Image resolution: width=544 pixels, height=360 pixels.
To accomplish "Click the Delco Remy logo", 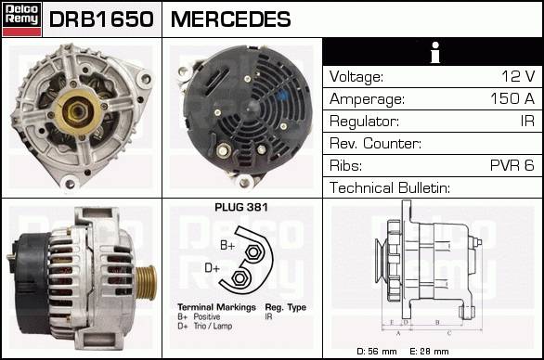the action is pyautogui.click(x=22, y=19).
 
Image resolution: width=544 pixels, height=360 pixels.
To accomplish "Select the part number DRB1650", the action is pyautogui.click(x=101, y=19).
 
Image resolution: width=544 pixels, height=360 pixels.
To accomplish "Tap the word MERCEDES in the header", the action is pyautogui.click(x=231, y=19).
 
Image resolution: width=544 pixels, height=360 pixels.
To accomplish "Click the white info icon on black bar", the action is pyautogui.click(x=435, y=52).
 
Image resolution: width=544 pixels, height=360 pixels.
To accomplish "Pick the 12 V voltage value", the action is pyautogui.click(x=518, y=76).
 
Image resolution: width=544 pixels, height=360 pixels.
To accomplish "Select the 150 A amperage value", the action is pyautogui.click(x=512, y=98).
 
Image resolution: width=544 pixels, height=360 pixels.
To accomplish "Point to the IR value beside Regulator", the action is pyautogui.click(x=527, y=121).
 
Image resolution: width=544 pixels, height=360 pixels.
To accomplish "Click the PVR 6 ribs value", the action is pyautogui.click(x=512, y=165).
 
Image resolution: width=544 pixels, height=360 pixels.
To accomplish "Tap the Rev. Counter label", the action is pyautogui.click(x=375, y=143).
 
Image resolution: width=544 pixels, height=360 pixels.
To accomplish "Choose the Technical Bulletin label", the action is pyautogui.click(x=390, y=187).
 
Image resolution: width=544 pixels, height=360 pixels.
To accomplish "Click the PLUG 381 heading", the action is pyautogui.click(x=241, y=208).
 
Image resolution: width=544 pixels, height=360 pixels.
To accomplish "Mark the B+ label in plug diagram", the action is pyautogui.click(x=227, y=245).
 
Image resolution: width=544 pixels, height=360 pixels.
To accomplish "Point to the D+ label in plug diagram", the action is pyautogui.click(x=213, y=268).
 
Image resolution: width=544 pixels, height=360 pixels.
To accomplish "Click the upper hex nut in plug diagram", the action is pyautogui.click(x=253, y=252).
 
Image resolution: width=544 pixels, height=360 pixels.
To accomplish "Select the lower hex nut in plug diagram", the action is pyautogui.click(x=239, y=278).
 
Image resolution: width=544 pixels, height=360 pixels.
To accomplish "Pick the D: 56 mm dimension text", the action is pyautogui.click(x=377, y=352).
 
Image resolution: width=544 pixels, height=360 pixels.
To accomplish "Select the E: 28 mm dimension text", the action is pyautogui.click(x=429, y=352).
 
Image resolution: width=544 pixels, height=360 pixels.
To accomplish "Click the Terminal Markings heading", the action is pyautogui.click(x=216, y=307).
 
